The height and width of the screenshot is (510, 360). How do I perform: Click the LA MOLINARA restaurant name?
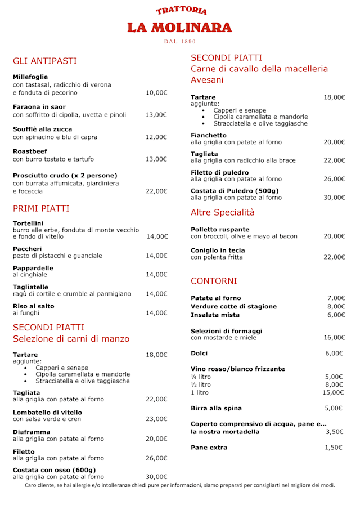coord(179,28)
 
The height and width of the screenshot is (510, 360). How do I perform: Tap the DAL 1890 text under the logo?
coord(180,42)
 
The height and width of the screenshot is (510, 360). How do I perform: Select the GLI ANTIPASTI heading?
coord(45,61)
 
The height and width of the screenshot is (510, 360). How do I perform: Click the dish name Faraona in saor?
coord(39,106)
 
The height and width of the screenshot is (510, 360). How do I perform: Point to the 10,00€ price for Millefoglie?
coord(156,93)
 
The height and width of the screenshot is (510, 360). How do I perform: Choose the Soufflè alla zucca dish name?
coord(42,129)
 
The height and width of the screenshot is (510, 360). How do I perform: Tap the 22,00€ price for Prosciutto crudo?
coord(156,191)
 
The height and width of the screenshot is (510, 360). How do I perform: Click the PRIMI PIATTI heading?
coord(41,208)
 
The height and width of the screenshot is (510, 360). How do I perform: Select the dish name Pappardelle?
coord(33,268)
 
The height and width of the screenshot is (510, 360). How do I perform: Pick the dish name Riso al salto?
coord(34,306)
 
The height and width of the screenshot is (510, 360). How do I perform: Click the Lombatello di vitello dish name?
coord(47,412)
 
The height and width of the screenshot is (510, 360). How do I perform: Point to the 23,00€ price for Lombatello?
coord(156,419)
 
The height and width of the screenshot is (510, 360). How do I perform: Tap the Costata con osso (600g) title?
coord(54,470)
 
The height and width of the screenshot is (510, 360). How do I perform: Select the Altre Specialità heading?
coord(223,212)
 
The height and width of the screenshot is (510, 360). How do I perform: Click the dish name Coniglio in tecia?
coord(218,250)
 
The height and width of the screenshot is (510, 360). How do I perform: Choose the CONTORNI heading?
coord(214,280)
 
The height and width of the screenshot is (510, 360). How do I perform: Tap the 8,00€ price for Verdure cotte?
coord(336,307)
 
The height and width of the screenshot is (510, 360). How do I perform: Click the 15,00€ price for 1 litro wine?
coord(334,393)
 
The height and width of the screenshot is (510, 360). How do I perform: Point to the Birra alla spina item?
coord(216,408)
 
